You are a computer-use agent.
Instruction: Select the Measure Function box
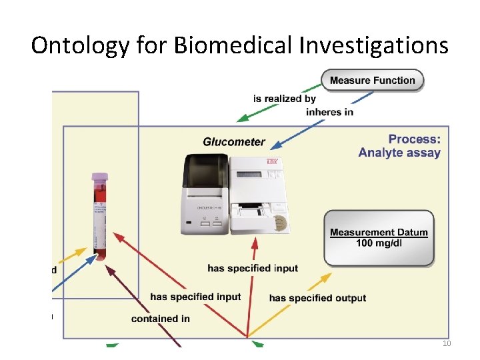[x=372, y=81]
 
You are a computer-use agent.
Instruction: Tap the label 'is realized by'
[x=285, y=99]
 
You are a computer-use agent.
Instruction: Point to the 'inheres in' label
[x=329, y=112]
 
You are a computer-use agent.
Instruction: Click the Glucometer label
[x=233, y=142]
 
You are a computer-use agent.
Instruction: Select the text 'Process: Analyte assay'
[x=400, y=146]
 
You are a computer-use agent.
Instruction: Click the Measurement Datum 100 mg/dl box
[x=379, y=237]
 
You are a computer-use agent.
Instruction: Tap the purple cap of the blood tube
[x=99, y=178]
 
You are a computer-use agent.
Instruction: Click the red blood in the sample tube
[x=99, y=200]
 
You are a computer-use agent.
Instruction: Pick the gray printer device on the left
[x=207, y=197]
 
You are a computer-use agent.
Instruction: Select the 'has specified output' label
[x=317, y=298]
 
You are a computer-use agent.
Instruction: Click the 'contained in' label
[x=161, y=319]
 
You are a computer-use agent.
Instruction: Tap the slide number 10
[x=447, y=343]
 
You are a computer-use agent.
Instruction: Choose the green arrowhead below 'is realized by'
[x=245, y=118]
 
